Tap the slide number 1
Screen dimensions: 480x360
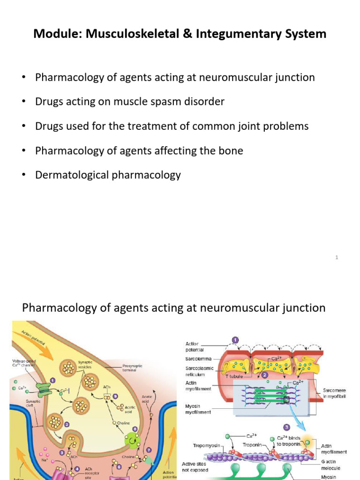click(337, 257)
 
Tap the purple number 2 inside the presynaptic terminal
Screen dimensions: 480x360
click(67, 424)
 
